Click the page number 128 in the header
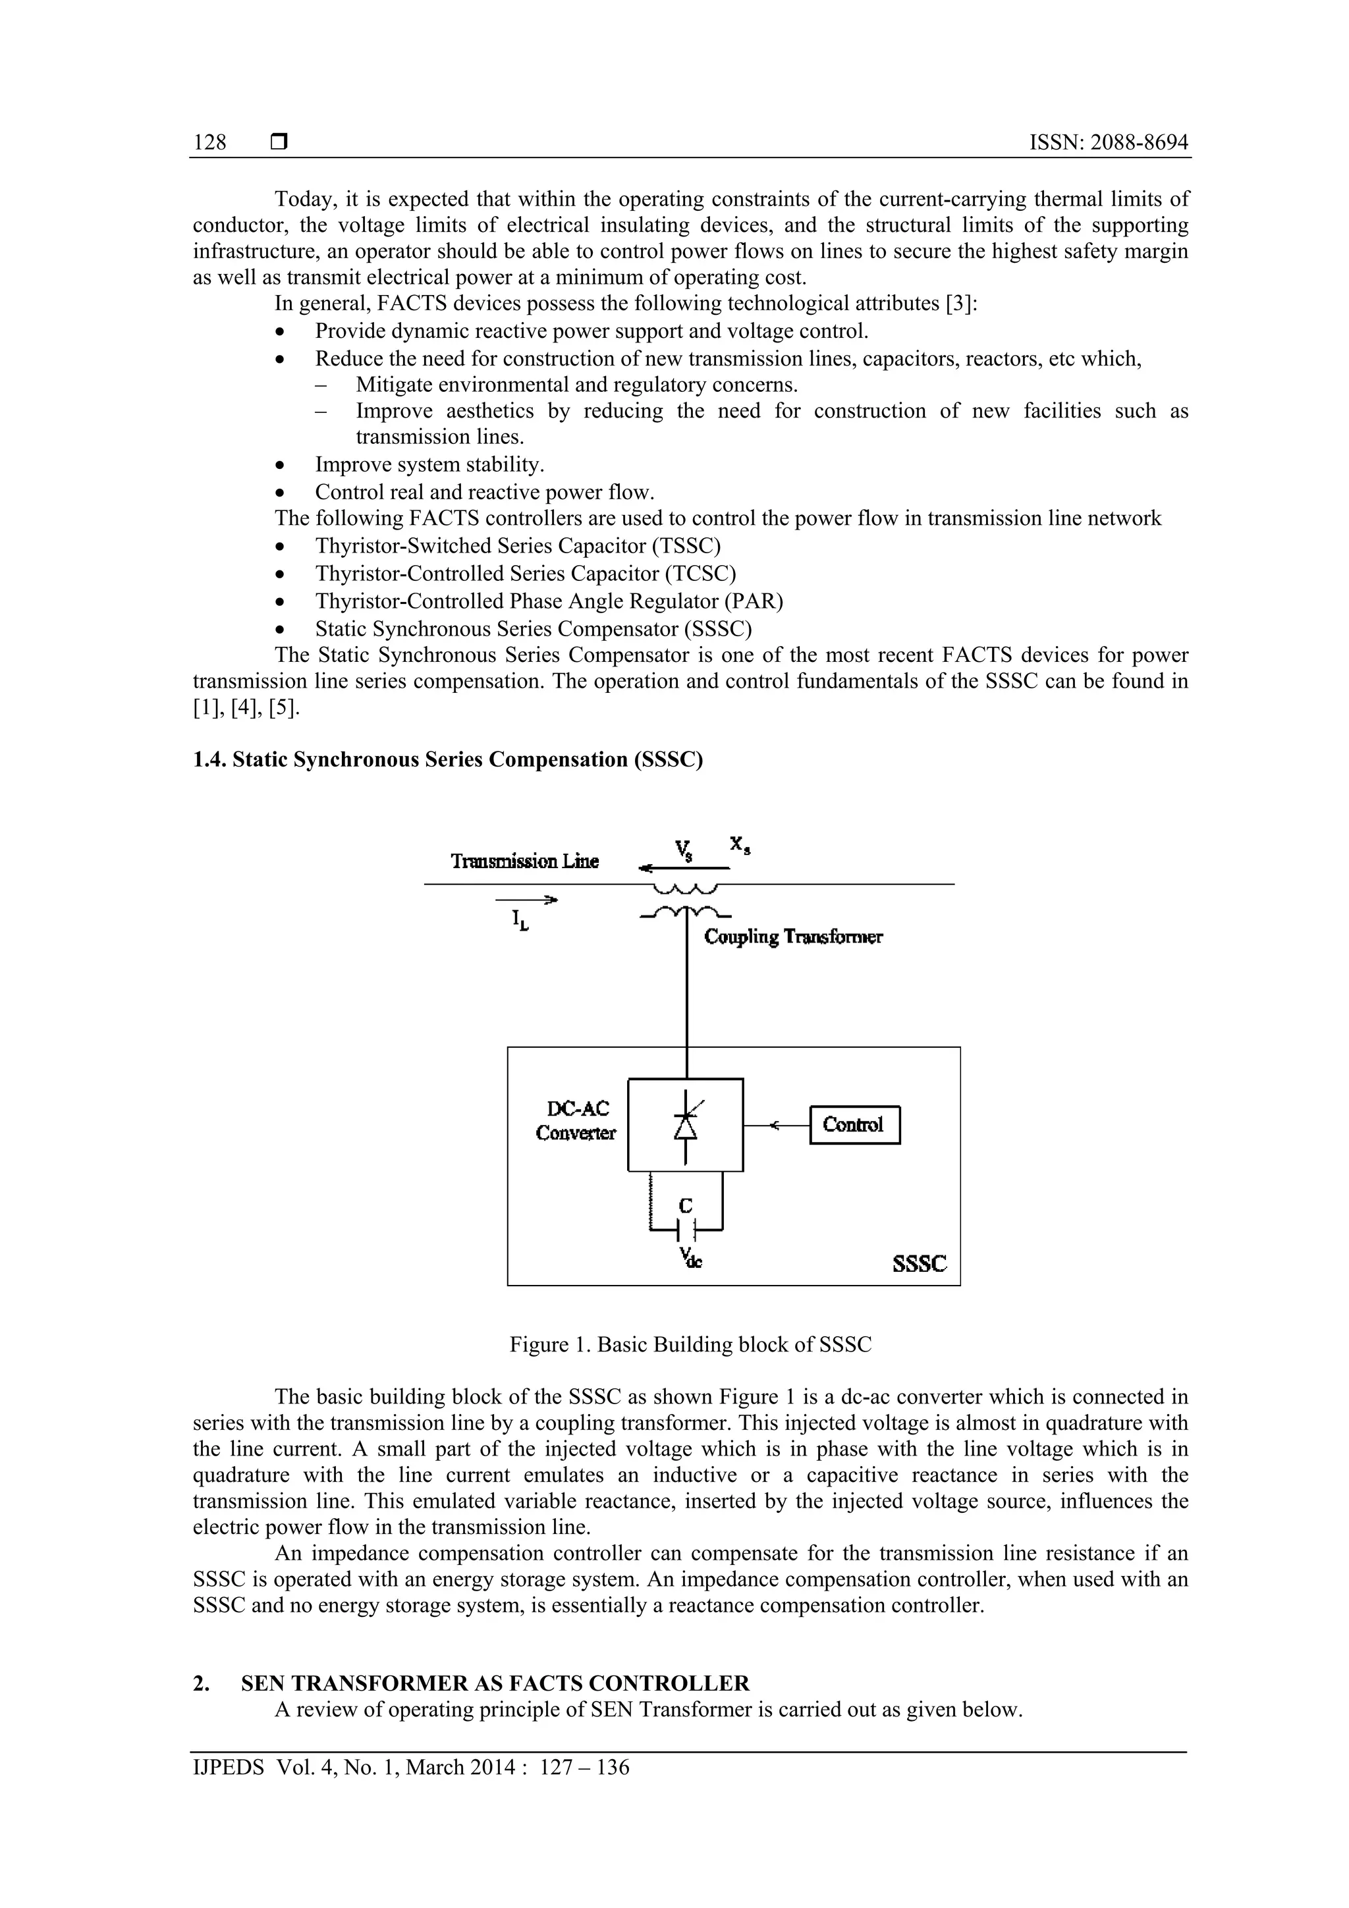tap(209, 143)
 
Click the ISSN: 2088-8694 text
tap(1109, 143)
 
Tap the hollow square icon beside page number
tap(279, 143)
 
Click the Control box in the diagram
tap(854, 1124)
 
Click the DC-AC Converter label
tap(576, 1120)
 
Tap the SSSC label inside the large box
tap(920, 1264)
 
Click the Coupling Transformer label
tap(793, 937)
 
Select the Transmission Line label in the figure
tap(524, 861)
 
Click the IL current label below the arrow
tap(520, 920)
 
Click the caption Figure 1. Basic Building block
tap(690, 1345)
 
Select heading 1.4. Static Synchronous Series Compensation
tap(447, 759)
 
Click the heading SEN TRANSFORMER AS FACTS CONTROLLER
tap(495, 1683)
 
